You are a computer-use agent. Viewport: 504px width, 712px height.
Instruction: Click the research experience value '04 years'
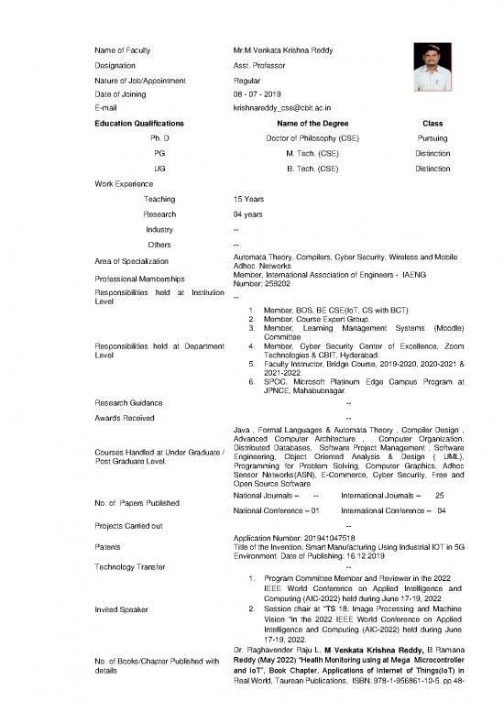[250, 214]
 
